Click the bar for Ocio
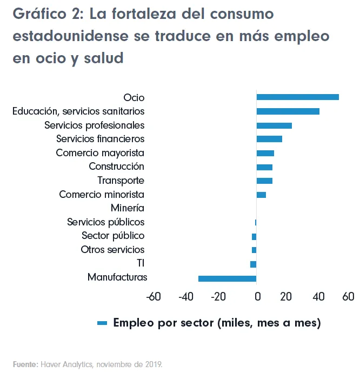pos(297,97)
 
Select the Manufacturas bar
pos(227,278)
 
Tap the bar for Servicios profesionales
pos(274,125)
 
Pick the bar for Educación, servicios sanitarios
pos(288,111)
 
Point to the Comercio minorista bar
pos(261,195)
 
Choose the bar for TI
pos(253,264)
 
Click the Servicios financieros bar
pos(269,139)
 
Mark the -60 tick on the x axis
pos(154,296)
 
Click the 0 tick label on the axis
pos(257,296)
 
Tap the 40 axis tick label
pos(318,296)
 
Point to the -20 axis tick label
pos(218,296)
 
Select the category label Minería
pos(127,208)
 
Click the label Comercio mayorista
pos(100,153)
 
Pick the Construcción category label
pos(116,167)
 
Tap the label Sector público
pos(113,236)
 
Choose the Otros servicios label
pos(112,250)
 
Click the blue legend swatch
pos(102,323)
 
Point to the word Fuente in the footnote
pos(25,364)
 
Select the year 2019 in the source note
pos(153,364)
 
